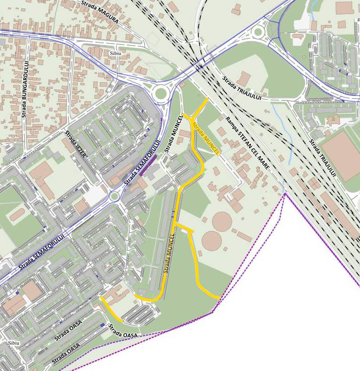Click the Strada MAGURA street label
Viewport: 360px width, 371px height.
[100, 12]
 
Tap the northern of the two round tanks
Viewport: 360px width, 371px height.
[222, 220]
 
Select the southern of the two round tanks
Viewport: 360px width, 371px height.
[212, 241]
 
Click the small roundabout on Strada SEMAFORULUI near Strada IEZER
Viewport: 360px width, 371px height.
[114, 196]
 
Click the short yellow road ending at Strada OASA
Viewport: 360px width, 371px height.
[111, 309]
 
